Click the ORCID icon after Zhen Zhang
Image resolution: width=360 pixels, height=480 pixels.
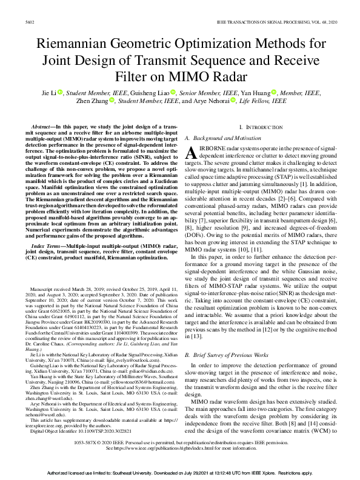(x=112, y=102)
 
